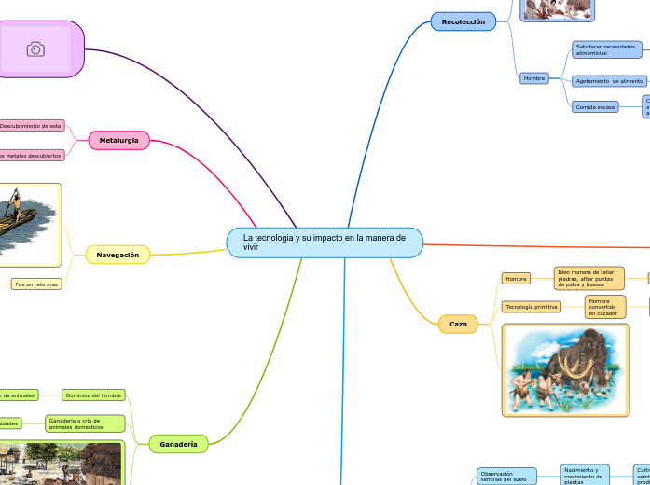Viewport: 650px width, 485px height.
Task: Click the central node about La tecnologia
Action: pyautogui.click(x=325, y=242)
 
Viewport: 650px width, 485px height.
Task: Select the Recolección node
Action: pyautogui.click(x=463, y=21)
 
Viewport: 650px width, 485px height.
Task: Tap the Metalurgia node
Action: pyautogui.click(x=118, y=140)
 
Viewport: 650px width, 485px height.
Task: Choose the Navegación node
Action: pyautogui.click(x=118, y=255)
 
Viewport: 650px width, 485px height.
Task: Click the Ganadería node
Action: pyautogui.click(x=178, y=445)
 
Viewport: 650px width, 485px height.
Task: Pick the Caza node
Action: pyautogui.click(x=458, y=324)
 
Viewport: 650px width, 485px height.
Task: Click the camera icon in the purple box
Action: pyautogui.click(x=35, y=49)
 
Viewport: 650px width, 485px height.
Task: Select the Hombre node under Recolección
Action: pyautogui.click(x=534, y=78)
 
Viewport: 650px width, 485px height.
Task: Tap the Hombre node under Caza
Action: pyautogui.click(x=516, y=278)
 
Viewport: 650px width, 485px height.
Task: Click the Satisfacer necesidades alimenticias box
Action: pyautogui.click(x=605, y=49)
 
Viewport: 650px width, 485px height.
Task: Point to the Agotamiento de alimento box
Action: pyautogui.click(x=609, y=81)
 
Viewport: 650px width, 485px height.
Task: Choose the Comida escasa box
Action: pyautogui.click(x=595, y=107)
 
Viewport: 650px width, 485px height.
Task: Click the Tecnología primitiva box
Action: pyautogui.click(x=532, y=307)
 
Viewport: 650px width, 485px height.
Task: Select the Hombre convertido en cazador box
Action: pyautogui.click(x=605, y=307)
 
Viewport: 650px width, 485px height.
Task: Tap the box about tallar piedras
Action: pyautogui.click(x=588, y=278)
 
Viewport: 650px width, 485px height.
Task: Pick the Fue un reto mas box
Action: pyautogui.click(x=36, y=284)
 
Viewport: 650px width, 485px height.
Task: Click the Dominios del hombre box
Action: pyautogui.click(x=93, y=395)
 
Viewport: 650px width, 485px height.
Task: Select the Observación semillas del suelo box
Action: pyautogui.click(x=506, y=477)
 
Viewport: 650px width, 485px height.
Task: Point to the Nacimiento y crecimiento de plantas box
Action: pyautogui.click(x=585, y=476)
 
